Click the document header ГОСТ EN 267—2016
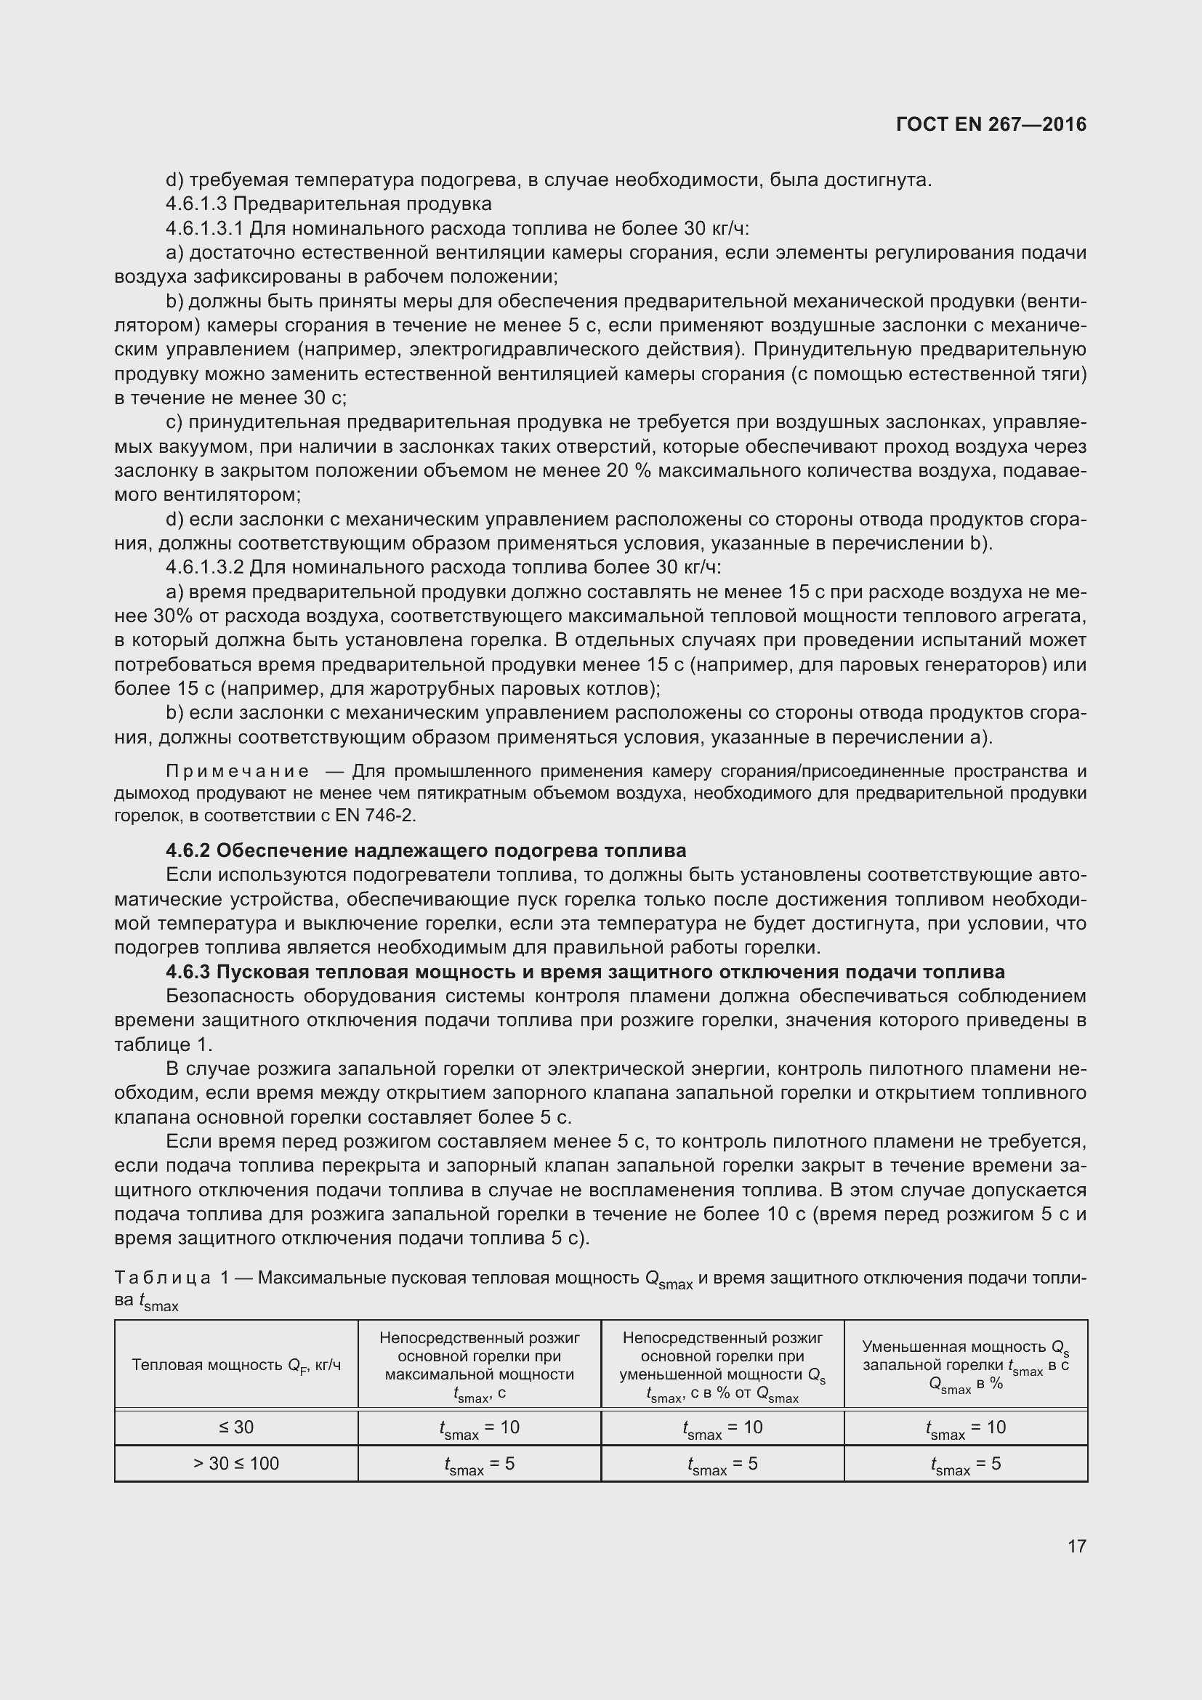click(x=991, y=124)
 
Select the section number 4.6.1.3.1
click(x=203, y=229)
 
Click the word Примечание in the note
click(x=238, y=772)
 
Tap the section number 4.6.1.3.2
click(x=205, y=568)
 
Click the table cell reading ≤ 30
click(x=236, y=1427)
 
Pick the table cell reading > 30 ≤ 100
click(x=236, y=1464)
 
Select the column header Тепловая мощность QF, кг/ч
click(x=236, y=1365)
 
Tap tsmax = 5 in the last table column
click(x=965, y=1465)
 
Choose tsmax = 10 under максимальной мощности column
click(x=479, y=1428)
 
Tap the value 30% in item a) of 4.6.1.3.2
click(x=173, y=617)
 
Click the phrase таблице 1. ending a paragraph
click(x=163, y=1045)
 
